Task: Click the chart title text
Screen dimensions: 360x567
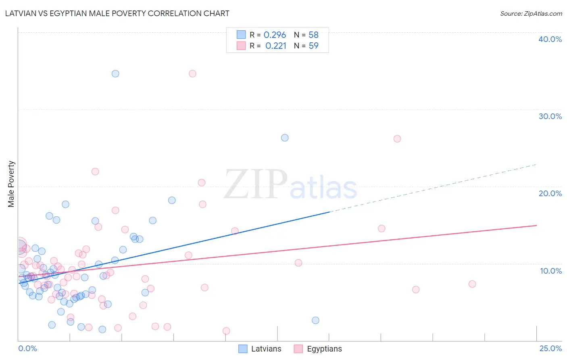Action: coord(117,13)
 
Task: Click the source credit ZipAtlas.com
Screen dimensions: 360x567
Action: coord(531,13)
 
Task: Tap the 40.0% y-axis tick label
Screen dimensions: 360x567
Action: coord(550,39)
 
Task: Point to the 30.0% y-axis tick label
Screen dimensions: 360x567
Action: coord(550,116)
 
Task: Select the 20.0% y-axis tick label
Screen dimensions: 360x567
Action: coord(550,193)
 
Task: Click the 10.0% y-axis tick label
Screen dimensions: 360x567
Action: coord(551,271)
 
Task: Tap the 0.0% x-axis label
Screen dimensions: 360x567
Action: coord(27,348)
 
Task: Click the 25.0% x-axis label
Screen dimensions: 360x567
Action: coord(550,348)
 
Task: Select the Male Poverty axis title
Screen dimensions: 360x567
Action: coord(11,184)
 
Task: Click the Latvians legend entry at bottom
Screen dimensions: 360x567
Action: coord(260,349)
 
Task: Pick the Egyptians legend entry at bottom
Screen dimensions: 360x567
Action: coord(318,349)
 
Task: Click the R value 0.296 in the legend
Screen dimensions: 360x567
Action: coord(275,35)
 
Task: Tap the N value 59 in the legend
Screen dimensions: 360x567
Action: coord(313,46)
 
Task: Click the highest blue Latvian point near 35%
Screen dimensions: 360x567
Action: coord(115,73)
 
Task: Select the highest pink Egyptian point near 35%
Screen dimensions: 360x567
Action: coord(192,73)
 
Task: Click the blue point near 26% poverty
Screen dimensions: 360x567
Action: coord(285,138)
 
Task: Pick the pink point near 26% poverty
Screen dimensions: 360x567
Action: coord(397,139)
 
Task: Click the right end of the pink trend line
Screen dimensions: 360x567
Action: coord(536,225)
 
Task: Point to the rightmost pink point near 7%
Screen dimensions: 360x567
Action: coord(472,284)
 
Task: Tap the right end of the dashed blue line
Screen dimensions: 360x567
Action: coord(536,164)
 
